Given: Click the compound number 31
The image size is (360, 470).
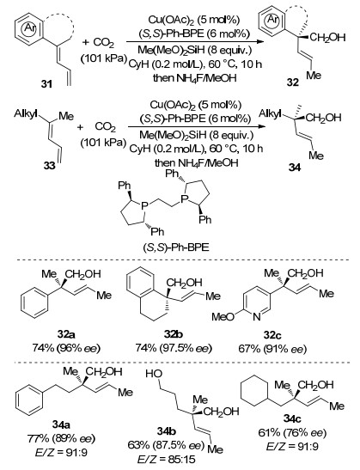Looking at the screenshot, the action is coord(46,84).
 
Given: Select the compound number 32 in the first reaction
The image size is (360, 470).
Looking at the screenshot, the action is coord(293,82).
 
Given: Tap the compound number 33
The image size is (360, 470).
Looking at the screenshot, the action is coord(50,165).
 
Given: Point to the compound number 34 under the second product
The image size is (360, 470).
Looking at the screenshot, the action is coord(295,168).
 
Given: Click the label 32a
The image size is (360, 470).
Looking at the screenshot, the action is coord(66,334).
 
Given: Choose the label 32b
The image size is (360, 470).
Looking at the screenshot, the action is coord(174,334).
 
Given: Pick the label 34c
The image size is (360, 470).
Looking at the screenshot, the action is coord(292,418).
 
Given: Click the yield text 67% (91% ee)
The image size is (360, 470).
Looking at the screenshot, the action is coord(272,349).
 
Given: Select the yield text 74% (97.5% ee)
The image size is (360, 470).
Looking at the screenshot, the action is coord(174,348).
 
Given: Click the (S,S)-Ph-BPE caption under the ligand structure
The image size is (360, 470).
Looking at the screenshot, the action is coord(176,248).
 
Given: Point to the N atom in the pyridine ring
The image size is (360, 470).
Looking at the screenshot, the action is coord(256,316).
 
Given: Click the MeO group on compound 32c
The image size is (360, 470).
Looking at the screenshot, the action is coord(223,317).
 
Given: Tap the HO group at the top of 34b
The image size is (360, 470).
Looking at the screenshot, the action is coord(154,374).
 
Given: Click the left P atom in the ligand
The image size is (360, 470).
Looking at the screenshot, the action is coord(144,205).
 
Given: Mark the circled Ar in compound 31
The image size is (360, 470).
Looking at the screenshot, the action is coord(30,27).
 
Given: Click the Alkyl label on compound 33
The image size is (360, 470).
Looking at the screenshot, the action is coord(26,114).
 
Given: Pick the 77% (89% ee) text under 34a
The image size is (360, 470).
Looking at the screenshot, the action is coord(61,438).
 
